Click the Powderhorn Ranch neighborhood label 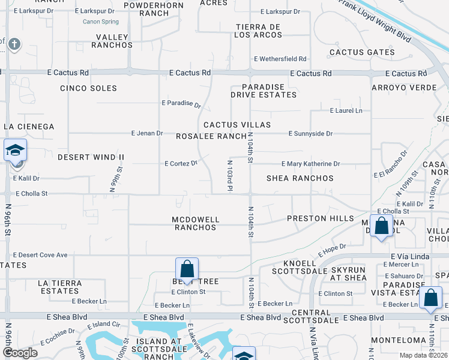click(146, 9)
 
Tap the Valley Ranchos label click(112, 41)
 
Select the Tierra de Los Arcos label click(258, 31)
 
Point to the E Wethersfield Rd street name click(280, 59)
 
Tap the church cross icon click(14, 44)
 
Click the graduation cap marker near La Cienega click(15, 150)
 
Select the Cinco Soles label click(88, 88)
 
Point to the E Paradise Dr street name click(181, 103)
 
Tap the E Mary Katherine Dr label click(311, 164)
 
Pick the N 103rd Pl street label click(229, 175)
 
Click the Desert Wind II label click(91, 157)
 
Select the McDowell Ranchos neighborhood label click(196, 223)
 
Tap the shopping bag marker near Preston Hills click(382, 226)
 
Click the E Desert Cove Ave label click(40, 255)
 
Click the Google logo click(20, 352)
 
